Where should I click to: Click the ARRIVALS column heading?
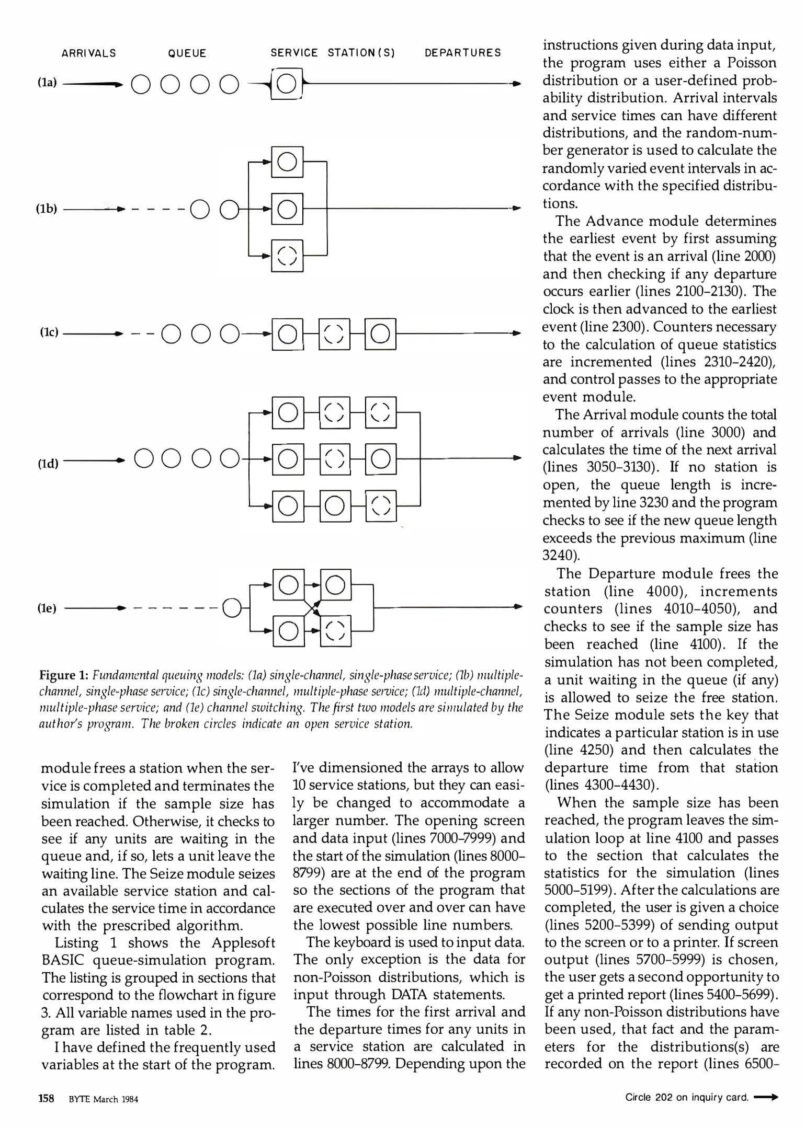89,53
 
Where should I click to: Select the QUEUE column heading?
187,53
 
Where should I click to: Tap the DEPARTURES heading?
462,53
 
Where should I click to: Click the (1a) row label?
48,83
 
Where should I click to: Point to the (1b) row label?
47,209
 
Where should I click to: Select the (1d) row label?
48,463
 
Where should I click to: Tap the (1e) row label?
47,608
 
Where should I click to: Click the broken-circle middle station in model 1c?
334,333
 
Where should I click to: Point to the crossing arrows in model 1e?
312,608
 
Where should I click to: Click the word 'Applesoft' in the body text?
243,943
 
